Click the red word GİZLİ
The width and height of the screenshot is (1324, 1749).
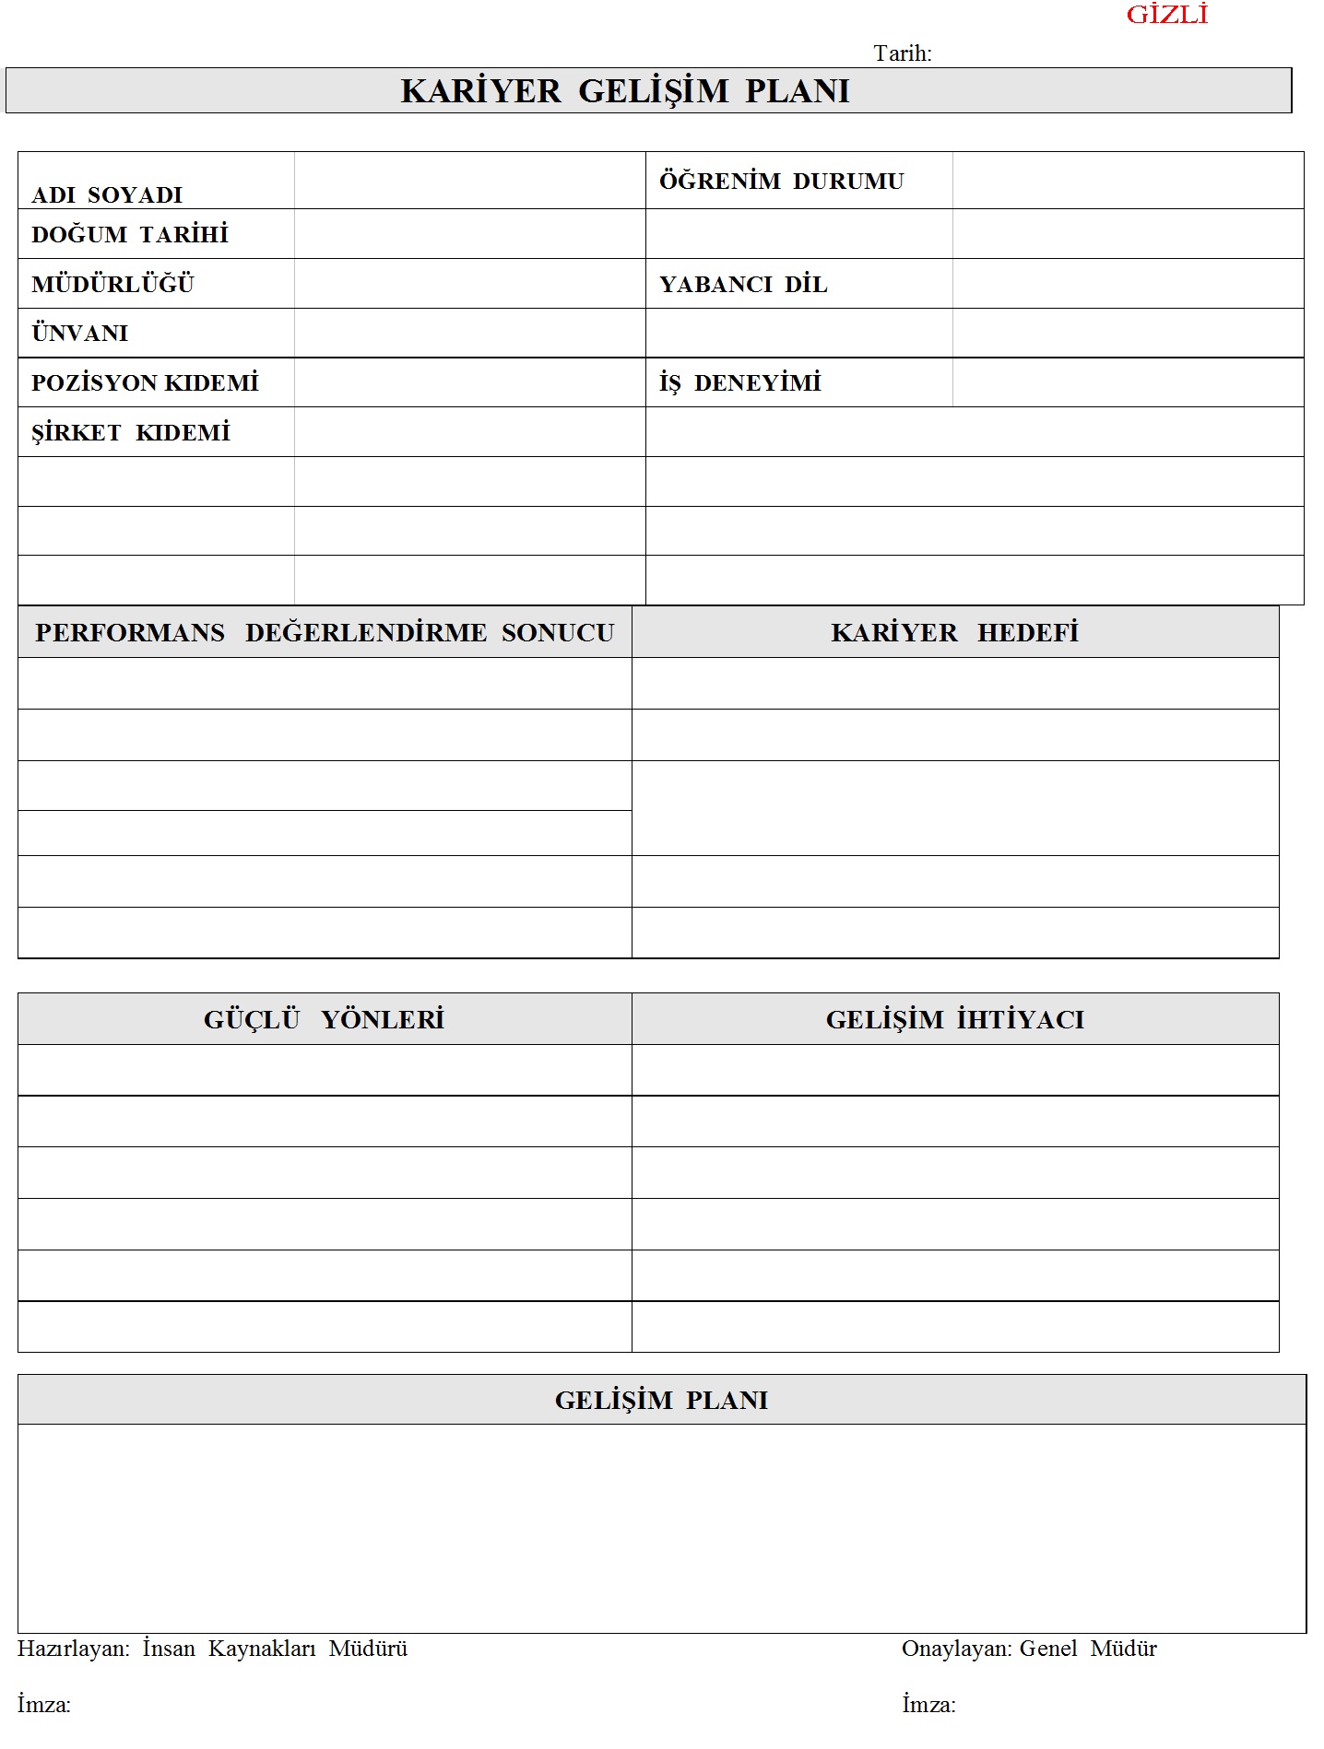[x=1166, y=15]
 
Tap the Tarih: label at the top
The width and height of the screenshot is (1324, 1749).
[x=902, y=53]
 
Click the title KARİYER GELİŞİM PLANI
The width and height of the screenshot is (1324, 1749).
[x=625, y=91]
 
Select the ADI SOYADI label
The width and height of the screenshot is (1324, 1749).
[x=107, y=194]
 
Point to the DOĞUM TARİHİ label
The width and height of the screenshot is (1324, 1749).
[x=130, y=234]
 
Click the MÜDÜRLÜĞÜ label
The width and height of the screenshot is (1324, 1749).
[x=112, y=284]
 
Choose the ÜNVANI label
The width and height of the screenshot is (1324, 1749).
[x=80, y=333]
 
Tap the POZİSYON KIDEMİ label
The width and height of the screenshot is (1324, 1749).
[x=145, y=382]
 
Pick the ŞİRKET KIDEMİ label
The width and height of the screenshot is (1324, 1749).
[x=131, y=432]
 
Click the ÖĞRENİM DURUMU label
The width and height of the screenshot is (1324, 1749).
[x=781, y=181]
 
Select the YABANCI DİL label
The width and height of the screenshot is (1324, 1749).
[x=743, y=284]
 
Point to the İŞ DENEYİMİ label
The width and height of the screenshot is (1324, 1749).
[x=739, y=382]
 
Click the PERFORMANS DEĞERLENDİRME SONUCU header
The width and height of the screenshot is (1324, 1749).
[x=325, y=632]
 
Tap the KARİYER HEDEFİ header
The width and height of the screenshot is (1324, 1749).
[x=954, y=632]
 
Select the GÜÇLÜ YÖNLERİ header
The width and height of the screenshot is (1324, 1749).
[x=324, y=1019]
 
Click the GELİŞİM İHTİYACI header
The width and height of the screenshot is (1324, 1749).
[x=954, y=1019]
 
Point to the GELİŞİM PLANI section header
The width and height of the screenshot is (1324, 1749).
[x=661, y=1400]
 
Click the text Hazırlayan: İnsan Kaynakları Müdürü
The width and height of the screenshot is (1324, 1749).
[x=212, y=1649]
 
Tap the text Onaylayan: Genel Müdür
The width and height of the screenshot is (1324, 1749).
[x=1029, y=1649]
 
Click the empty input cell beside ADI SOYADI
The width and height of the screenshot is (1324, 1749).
[x=469, y=181]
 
